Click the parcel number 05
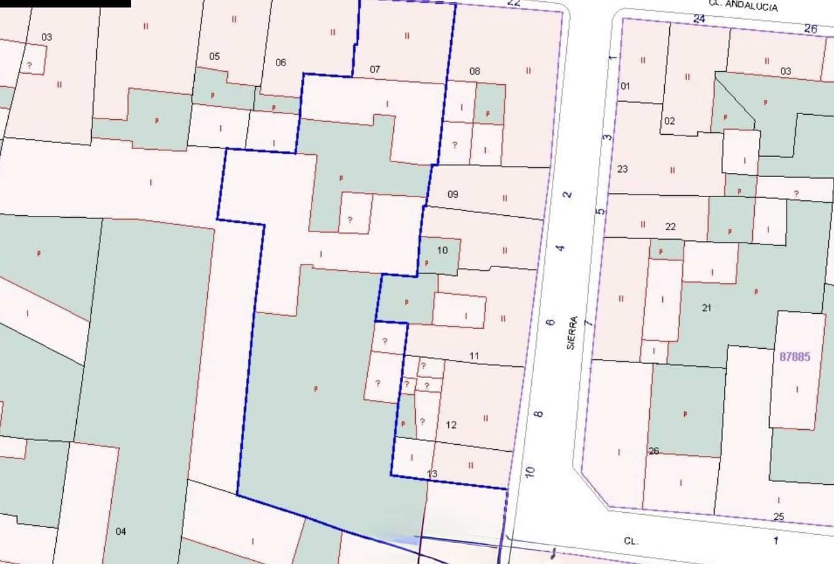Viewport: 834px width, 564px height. [214, 56]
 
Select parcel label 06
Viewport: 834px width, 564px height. [281, 62]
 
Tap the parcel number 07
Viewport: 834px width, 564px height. [375, 69]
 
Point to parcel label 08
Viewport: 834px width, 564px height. [474, 71]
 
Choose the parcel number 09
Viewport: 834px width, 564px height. [453, 194]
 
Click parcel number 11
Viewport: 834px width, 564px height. [474, 356]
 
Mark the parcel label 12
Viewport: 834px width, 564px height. [451, 425]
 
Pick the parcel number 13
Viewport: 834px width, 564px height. [432, 474]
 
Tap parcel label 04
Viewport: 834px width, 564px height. [120, 531]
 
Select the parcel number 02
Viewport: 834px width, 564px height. [669, 121]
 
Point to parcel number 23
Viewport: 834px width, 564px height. [622, 169]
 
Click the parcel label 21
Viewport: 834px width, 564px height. [706, 308]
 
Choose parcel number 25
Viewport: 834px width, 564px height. [778, 517]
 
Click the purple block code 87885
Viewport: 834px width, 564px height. [795, 357]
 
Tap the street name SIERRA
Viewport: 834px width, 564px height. [572, 333]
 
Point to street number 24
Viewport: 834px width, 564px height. [699, 19]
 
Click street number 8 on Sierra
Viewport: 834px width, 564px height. [539, 414]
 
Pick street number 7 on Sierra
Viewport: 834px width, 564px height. [588, 323]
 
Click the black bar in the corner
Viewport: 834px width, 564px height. [65, 3]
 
